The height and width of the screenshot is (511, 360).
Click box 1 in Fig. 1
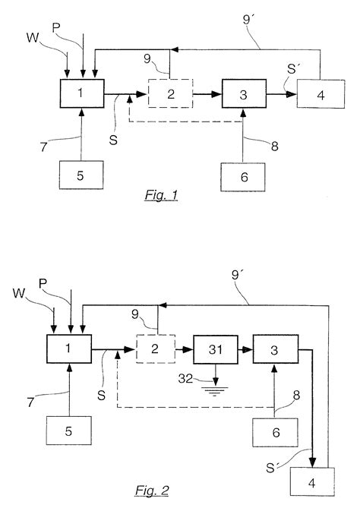click(x=81, y=93)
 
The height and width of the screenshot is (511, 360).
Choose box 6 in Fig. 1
click(x=244, y=176)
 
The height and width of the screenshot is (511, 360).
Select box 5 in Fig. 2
click(x=70, y=431)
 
